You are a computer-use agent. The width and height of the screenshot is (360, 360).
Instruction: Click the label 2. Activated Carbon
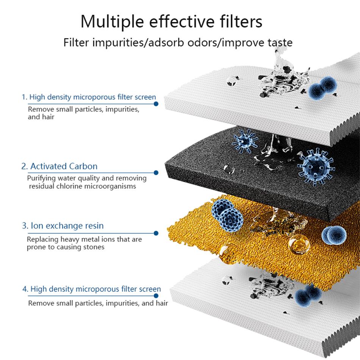(59, 166)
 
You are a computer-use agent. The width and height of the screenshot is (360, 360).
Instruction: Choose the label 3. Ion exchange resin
(63, 226)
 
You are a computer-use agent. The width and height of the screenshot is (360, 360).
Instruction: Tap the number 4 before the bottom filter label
(25, 289)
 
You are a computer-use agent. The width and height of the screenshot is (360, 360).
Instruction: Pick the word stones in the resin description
(94, 247)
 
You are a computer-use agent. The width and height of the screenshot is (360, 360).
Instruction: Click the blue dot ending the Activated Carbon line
(156, 173)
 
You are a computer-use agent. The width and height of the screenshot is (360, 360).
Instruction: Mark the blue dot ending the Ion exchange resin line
(156, 233)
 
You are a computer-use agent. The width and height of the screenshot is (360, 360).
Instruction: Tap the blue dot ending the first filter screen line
(156, 103)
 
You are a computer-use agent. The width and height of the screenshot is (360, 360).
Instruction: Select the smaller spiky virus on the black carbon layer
(244, 141)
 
